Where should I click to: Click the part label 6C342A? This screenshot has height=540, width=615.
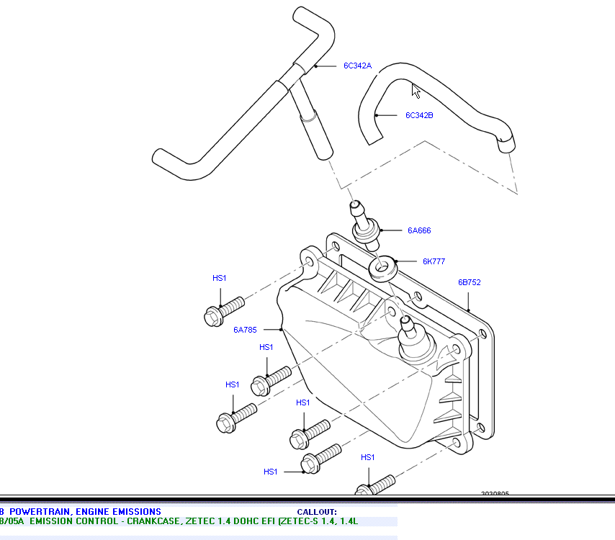[x=357, y=66]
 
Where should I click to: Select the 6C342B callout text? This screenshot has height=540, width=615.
[x=419, y=115]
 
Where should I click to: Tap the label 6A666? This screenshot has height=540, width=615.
[x=418, y=231]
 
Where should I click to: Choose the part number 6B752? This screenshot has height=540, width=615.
[x=469, y=283]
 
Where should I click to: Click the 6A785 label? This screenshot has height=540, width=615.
[x=245, y=330]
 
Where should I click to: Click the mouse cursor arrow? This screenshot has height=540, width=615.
[x=416, y=90]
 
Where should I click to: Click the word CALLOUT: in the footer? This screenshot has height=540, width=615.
[x=316, y=512]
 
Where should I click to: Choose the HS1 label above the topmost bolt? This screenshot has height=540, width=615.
[x=219, y=279]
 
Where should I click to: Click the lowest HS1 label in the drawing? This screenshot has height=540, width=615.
[x=270, y=472]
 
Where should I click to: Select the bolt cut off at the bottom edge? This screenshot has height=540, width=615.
[x=376, y=485]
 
